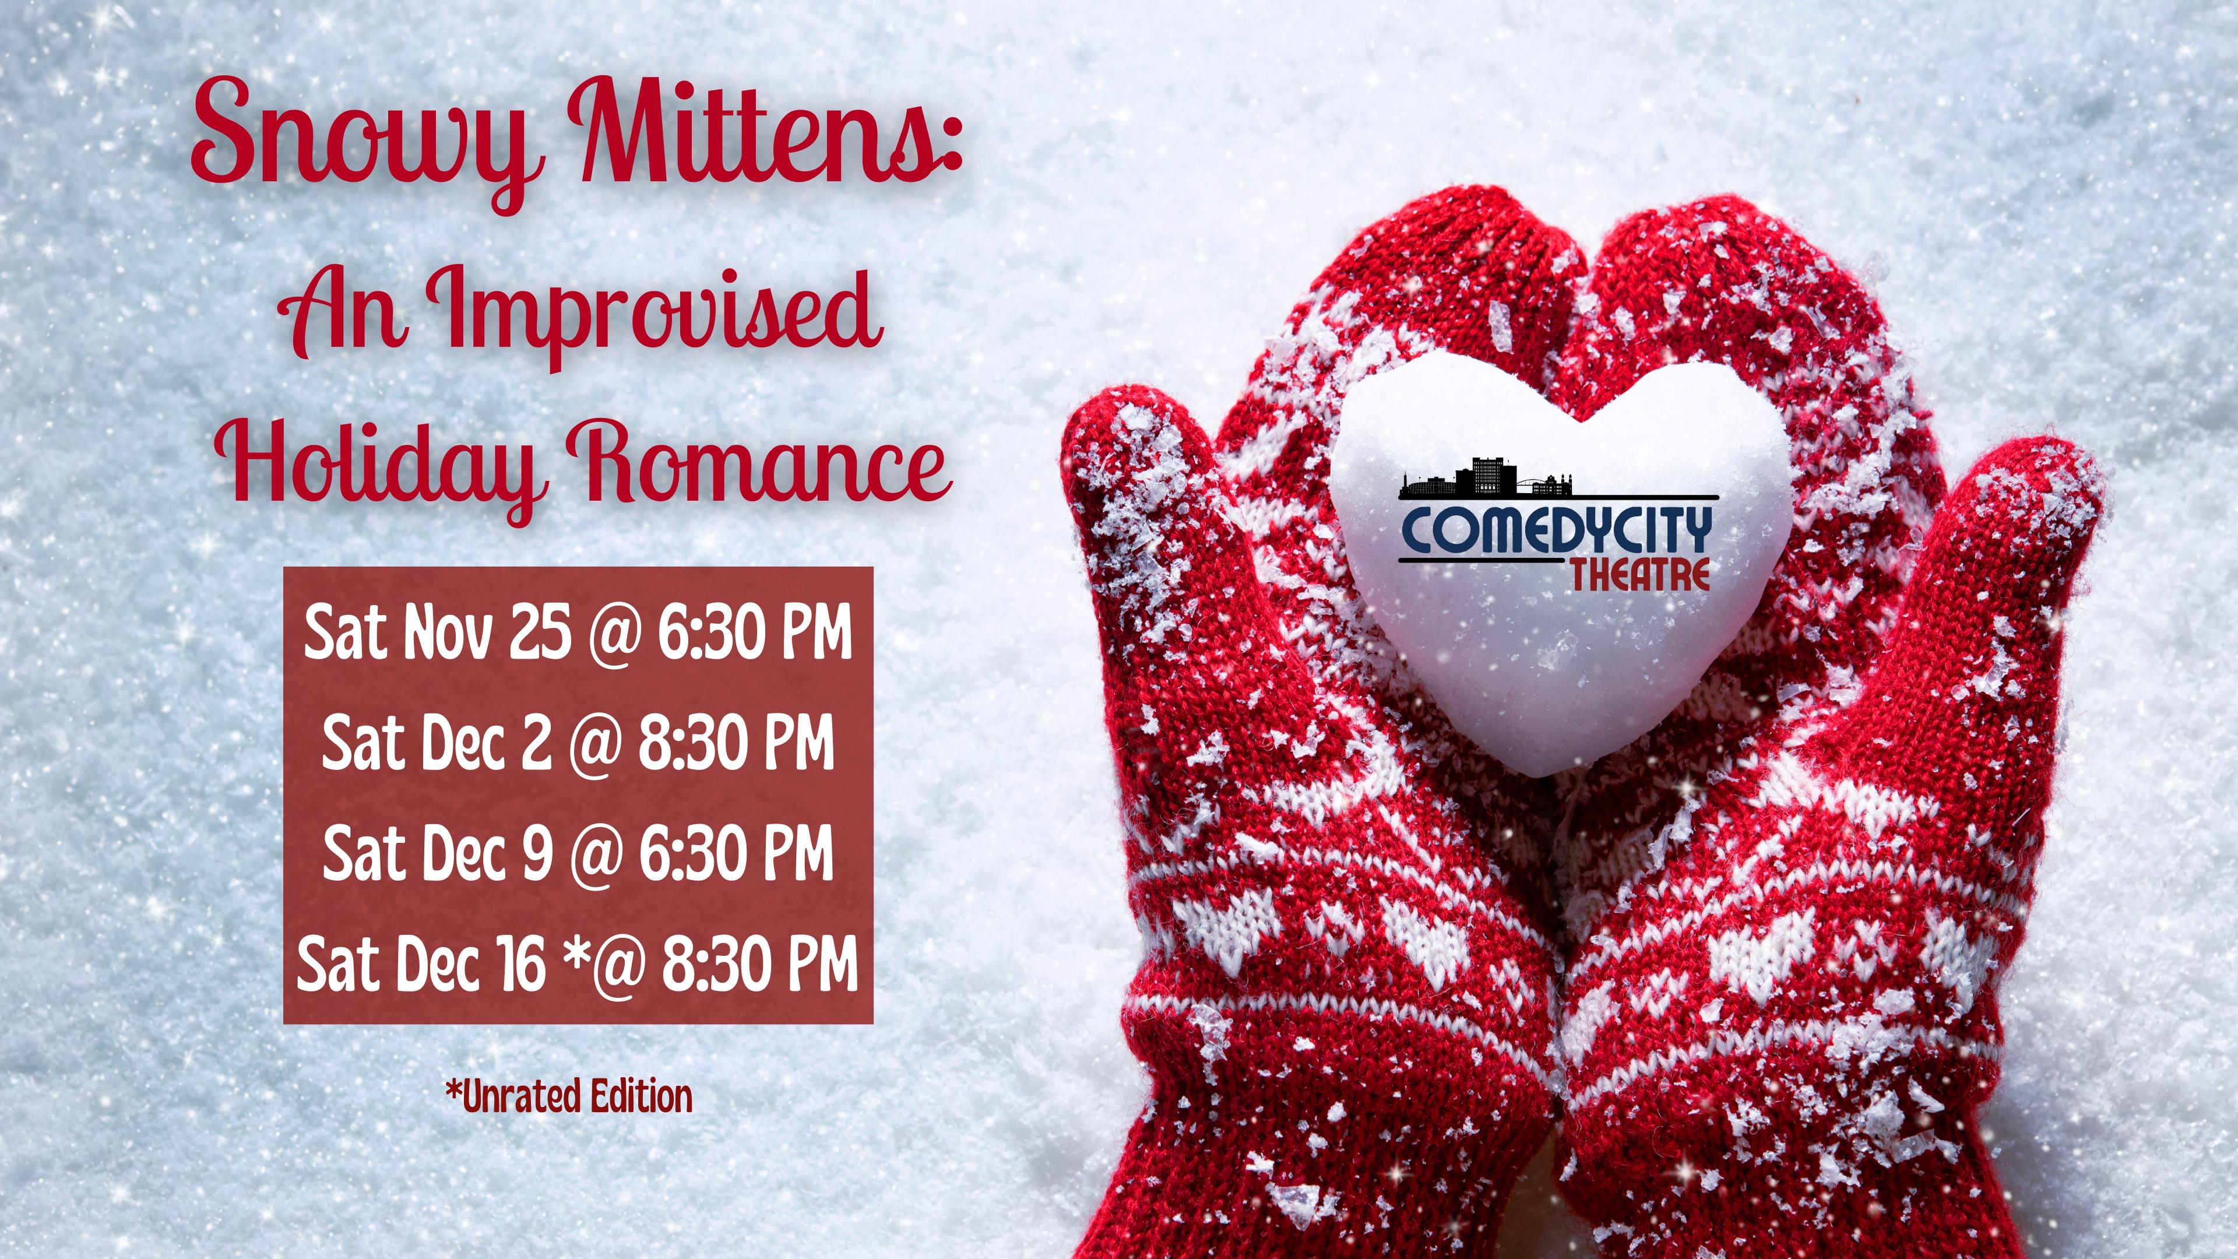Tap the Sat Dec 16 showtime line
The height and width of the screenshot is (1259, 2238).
pyautogui.click(x=578, y=963)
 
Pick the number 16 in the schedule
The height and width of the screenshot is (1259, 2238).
pyautogui.click(x=521, y=963)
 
